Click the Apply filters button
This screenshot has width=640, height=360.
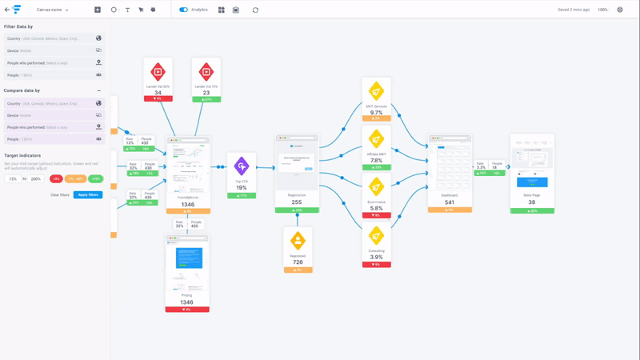click(x=88, y=194)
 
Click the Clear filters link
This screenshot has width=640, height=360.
click(x=60, y=194)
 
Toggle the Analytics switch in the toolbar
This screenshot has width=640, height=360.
click(x=183, y=10)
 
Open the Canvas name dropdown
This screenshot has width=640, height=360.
click(x=53, y=10)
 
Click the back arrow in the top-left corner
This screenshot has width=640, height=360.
click(x=7, y=10)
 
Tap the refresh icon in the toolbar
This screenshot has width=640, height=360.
click(x=255, y=10)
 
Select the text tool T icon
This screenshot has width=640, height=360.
click(x=127, y=10)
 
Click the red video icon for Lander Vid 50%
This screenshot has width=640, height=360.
click(x=158, y=72)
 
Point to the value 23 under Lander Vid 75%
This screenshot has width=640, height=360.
click(x=206, y=93)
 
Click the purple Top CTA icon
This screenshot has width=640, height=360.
click(x=242, y=166)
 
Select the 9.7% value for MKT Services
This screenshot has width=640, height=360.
click(x=376, y=113)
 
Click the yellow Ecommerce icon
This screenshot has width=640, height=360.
click(x=376, y=187)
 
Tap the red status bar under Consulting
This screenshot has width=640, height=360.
click(x=376, y=264)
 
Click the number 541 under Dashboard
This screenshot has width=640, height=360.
click(x=450, y=202)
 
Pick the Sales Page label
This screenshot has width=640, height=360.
click(x=532, y=195)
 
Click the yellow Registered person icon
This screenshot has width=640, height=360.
click(x=298, y=240)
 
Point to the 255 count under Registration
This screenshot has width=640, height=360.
click(x=297, y=202)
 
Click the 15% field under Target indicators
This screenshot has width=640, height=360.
click(x=13, y=179)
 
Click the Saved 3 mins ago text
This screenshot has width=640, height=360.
click(x=574, y=10)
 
